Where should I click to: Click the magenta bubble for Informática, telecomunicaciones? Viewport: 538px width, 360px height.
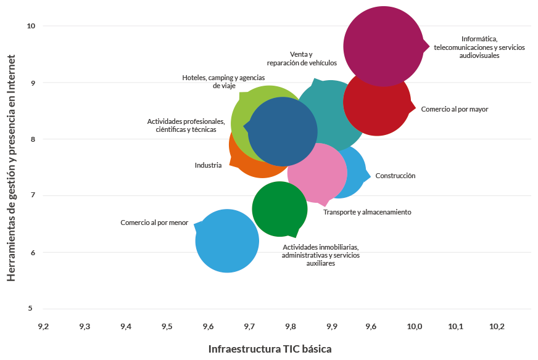383,46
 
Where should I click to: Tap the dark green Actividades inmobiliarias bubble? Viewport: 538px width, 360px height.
279,209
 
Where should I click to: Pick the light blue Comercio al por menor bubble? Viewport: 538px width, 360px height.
227,241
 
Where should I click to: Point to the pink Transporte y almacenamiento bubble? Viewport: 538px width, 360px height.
317,173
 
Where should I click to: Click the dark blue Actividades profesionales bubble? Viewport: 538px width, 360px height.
283,131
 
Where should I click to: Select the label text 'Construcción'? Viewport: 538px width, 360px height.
395,176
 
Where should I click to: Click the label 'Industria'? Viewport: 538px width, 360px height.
208,165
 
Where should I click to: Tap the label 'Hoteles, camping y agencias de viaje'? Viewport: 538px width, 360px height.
223,81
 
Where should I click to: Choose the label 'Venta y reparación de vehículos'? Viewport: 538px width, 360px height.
302,59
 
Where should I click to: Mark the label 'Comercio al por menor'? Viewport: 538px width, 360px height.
154,223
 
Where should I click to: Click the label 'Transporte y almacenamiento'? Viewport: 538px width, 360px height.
367,212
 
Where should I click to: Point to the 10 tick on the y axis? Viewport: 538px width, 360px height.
31,26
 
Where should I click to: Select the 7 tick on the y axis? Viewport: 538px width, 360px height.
31,196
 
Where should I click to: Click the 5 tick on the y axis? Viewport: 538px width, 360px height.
31,309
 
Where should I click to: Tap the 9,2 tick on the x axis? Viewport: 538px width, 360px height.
44,325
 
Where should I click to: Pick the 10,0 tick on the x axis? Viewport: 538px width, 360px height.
415,325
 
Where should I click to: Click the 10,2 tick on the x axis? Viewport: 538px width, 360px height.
497,325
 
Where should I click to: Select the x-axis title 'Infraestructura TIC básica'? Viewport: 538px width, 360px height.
270,349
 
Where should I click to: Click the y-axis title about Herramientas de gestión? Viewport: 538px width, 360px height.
11,168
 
